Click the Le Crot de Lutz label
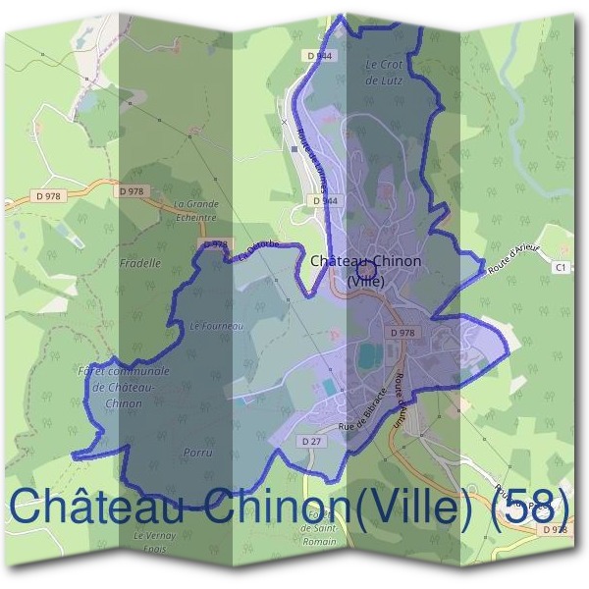point(384,72)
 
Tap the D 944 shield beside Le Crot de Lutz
point(320,56)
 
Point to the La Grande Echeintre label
point(195,210)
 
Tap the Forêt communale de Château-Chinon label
point(123,387)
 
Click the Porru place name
point(197,453)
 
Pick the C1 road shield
point(561,266)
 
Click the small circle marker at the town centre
point(366,268)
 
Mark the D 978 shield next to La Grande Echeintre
point(131,191)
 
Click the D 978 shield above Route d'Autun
point(402,333)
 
